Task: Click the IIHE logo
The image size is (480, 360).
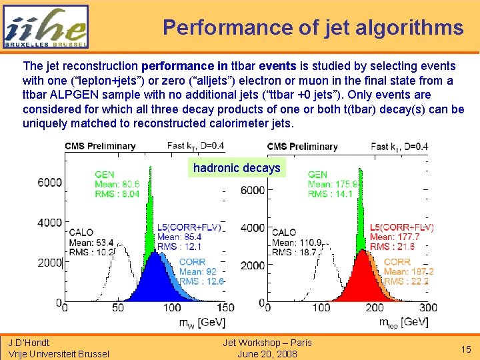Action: [x=45, y=27]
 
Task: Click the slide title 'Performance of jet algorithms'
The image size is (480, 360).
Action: [x=313, y=27]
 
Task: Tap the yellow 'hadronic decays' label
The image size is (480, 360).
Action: [x=237, y=168]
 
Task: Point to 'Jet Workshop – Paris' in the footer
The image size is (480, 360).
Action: [x=267, y=343]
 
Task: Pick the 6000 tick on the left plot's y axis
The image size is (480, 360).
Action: [x=49, y=182]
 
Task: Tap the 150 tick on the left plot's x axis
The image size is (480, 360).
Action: [x=225, y=307]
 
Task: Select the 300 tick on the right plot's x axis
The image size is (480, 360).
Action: [x=427, y=307]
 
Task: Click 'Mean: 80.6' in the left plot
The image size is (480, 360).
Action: [x=117, y=184]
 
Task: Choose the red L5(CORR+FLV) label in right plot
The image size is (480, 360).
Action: [x=402, y=227]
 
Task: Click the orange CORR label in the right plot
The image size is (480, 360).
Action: [x=397, y=262]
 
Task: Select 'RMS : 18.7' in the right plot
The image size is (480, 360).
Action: [x=294, y=252]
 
